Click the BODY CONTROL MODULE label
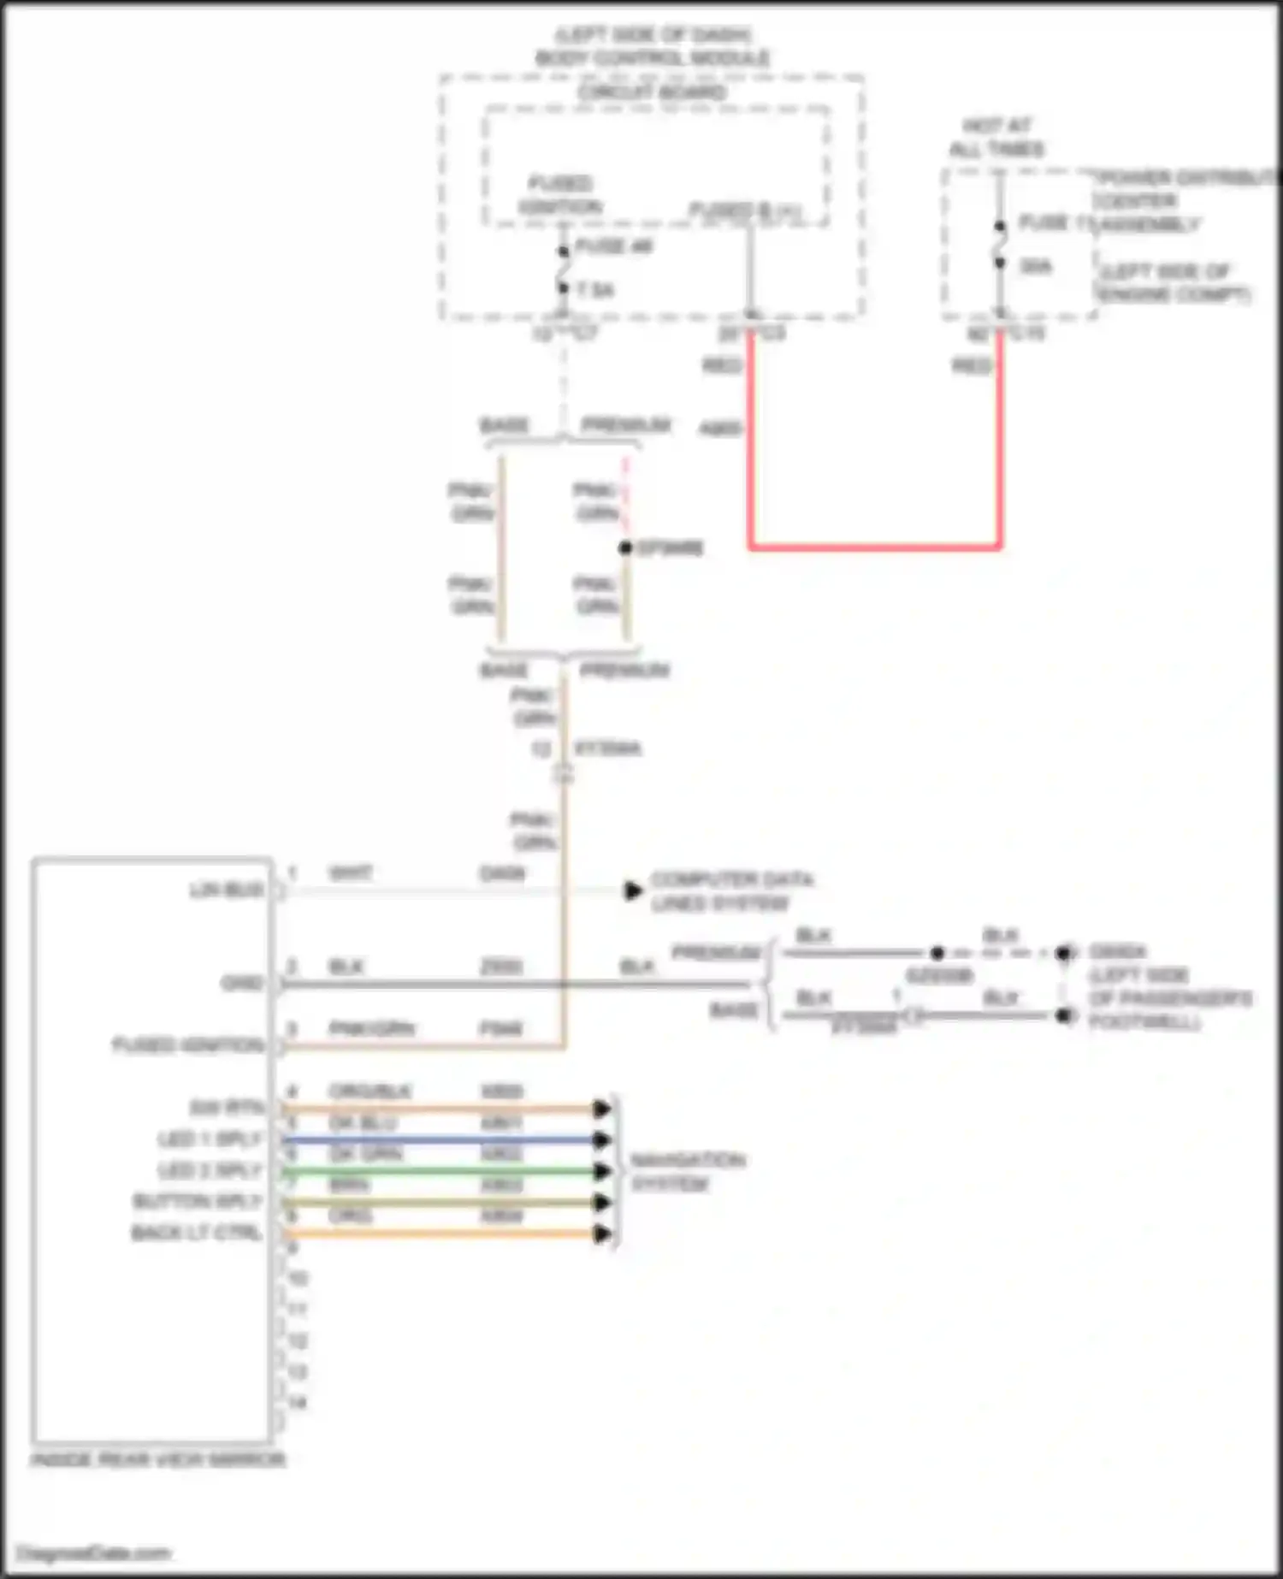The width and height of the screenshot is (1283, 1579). click(x=652, y=58)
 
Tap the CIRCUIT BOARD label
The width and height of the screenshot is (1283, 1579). click(x=652, y=92)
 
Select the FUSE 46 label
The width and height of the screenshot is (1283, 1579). click(x=614, y=247)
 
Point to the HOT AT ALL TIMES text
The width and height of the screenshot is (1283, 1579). click(x=996, y=137)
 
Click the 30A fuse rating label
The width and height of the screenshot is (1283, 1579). click(x=1036, y=267)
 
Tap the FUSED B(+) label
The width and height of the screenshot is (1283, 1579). click(x=745, y=210)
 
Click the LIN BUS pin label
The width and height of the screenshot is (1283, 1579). click(x=227, y=890)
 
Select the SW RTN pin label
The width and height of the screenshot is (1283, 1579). click(x=227, y=1109)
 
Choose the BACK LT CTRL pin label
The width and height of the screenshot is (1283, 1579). click(x=196, y=1233)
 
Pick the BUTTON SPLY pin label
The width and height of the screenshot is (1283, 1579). click(x=197, y=1202)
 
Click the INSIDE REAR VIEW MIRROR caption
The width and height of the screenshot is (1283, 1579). click(x=158, y=1460)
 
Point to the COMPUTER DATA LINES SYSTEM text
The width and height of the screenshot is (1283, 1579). click(x=731, y=891)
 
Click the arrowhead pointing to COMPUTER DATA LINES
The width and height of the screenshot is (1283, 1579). click(x=633, y=890)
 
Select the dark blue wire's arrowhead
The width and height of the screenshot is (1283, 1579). click(x=602, y=1140)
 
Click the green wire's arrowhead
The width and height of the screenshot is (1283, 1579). click(x=602, y=1171)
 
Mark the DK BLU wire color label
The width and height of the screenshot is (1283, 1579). click(x=363, y=1124)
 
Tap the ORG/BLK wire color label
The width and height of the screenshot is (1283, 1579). click(x=370, y=1092)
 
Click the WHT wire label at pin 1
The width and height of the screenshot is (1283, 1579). click(x=351, y=873)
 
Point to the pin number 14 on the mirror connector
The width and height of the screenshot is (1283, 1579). click(x=297, y=1403)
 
